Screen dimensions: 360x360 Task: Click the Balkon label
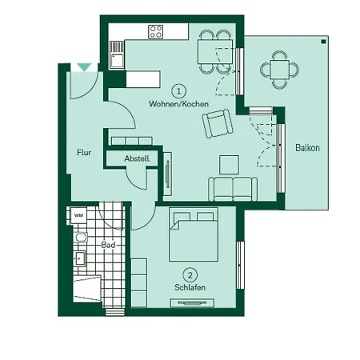tap(307, 148)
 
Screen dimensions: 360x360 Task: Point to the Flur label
tap(83, 151)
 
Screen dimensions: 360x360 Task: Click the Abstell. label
tap(138, 158)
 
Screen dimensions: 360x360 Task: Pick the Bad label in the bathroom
tap(108, 245)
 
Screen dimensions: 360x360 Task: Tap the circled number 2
tap(190, 273)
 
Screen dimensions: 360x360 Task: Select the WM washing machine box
tap(78, 215)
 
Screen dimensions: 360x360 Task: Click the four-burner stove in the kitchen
tap(156, 33)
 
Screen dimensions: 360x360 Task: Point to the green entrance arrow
tap(83, 69)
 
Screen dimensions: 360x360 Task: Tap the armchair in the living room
tap(217, 125)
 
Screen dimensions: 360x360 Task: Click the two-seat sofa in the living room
tap(233, 190)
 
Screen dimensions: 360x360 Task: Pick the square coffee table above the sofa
tap(229, 163)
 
